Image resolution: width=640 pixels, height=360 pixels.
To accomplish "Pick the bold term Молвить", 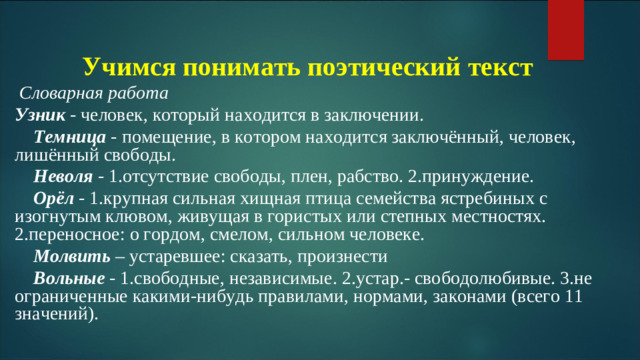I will (x=66, y=255).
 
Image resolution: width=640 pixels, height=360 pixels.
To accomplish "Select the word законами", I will (x=455, y=296).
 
